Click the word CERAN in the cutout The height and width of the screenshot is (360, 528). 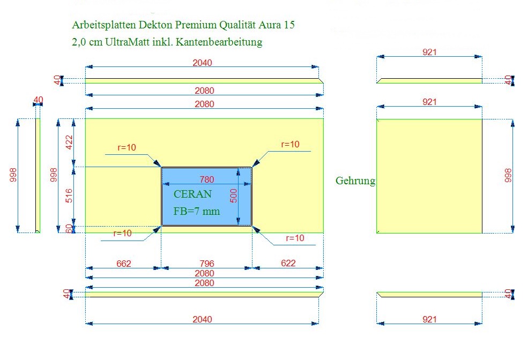tap(192, 194)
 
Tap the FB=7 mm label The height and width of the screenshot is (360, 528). tap(197, 211)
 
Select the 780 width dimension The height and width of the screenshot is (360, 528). tap(207, 179)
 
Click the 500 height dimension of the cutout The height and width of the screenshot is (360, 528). tap(233, 196)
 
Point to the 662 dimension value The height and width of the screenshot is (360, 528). tap(124, 264)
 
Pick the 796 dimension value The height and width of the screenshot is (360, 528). tap(207, 264)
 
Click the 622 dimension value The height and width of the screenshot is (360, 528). tap(288, 263)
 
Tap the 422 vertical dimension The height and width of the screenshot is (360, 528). tap(69, 142)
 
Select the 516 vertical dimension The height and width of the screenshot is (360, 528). tap(69, 196)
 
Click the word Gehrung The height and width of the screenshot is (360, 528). tap(355, 181)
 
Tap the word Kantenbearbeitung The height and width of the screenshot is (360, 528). tap(219, 42)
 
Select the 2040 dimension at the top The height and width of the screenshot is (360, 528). tap(203, 63)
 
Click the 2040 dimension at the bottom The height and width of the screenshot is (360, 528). tap(203, 319)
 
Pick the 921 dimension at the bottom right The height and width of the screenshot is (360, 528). tap(430, 319)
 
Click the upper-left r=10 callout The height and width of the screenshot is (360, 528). tap(127, 147)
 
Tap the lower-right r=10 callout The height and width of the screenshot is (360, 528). tap(295, 238)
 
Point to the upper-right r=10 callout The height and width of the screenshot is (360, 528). tap(290, 144)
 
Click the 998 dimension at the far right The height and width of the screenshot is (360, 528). tap(508, 176)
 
